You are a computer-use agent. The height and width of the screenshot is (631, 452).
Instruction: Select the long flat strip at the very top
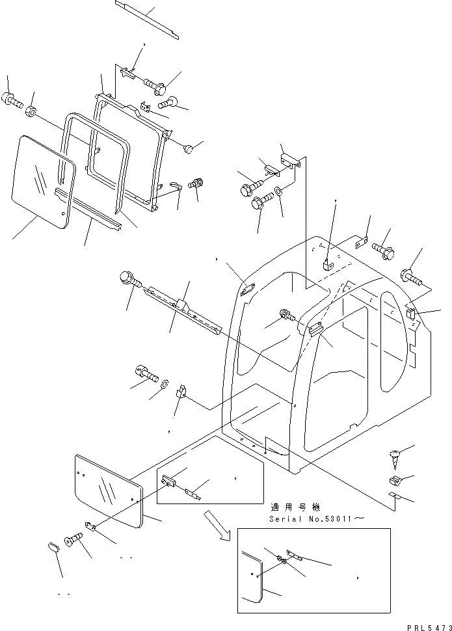[x=146, y=19]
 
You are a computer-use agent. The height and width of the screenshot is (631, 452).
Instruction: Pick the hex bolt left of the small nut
[x=12, y=100]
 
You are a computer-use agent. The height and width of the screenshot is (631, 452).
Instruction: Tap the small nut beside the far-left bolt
[x=31, y=112]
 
